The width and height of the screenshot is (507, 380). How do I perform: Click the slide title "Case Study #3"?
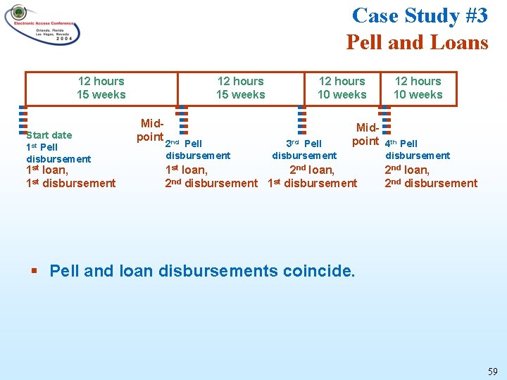pyautogui.click(x=420, y=15)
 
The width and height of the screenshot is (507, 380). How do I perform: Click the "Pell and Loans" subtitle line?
pyautogui.click(x=417, y=42)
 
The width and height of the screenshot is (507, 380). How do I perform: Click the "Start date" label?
pyautogui.click(x=49, y=135)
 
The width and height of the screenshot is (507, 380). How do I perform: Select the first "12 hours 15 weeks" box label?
pyautogui.click(x=101, y=88)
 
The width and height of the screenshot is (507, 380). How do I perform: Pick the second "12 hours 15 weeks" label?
pyautogui.click(x=240, y=88)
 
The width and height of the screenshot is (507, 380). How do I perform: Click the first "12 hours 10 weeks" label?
pyautogui.click(x=342, y=88)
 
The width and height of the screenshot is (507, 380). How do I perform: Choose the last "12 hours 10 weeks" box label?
pyautogui.click(x=418, y=88)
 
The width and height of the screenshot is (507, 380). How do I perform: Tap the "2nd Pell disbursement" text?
pyautogui.click(x=197, y=150)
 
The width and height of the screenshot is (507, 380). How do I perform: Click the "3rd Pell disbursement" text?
pyautogui.click(x=304, y=150)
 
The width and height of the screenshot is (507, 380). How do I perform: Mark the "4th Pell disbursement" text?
pyautogui.click(x=417, y=150)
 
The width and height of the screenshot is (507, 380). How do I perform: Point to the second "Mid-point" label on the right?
pyautogui.click(x=366, y=134)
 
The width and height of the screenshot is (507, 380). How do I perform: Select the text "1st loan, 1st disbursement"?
pyautogui.click(x=70, y=176)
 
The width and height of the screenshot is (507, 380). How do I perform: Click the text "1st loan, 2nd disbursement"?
pyautogui.click(x=211, y=176)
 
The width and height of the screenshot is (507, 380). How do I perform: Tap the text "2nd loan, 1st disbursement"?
pyautogui.click(x=313, y=176)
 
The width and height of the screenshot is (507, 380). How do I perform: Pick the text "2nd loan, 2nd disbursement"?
pyautogui.click(x=430, y=176)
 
